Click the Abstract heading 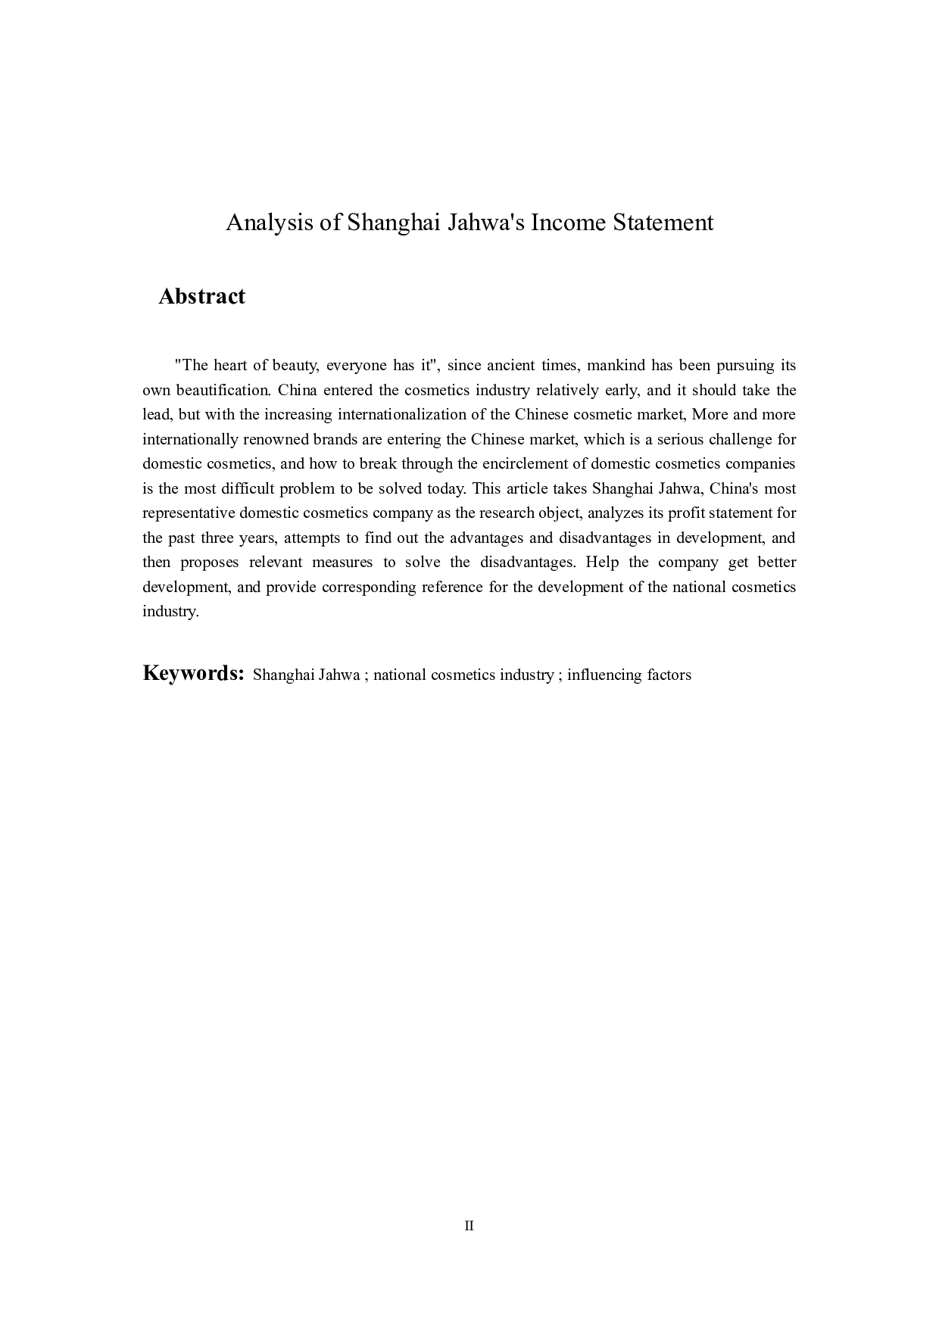coord(201,296)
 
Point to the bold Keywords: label coord(193,673)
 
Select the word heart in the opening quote coord(230,366)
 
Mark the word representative coord(189,513)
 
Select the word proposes coord(210,563)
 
